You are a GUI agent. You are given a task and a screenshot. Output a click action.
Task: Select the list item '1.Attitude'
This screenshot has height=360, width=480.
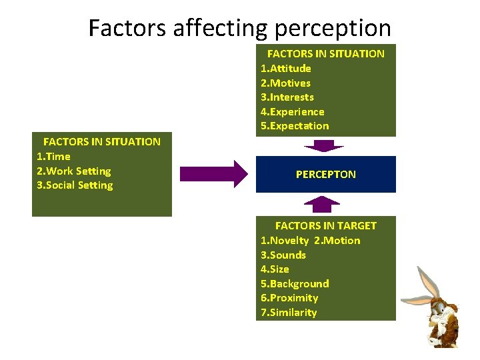coord(285,68)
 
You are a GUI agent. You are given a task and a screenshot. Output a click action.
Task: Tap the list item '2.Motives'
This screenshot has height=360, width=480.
coord(285,83)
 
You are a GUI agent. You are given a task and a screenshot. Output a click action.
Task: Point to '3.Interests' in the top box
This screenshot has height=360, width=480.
coord(287,97)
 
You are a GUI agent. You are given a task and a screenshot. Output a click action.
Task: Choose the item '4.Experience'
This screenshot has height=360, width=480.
coord(292,112)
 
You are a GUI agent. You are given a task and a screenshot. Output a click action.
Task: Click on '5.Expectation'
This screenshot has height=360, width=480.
coord(294,126)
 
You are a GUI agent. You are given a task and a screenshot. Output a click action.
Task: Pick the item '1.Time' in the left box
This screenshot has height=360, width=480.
coord(53,156)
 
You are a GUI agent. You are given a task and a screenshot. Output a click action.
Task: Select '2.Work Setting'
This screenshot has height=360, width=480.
coord(73,171)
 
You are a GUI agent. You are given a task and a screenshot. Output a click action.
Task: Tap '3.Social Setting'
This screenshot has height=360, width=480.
coord(75,185)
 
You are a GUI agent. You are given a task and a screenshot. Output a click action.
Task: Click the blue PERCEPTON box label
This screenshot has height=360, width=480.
coord(326,174)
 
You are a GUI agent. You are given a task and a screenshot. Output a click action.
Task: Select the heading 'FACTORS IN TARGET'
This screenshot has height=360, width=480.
coord(325,226)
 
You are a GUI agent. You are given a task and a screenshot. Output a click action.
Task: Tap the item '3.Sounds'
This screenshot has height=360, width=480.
coord(283,255)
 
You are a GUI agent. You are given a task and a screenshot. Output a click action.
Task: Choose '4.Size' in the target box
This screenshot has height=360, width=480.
coord(275,269)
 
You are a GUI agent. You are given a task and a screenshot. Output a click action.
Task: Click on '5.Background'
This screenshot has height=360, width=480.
coord(294,283)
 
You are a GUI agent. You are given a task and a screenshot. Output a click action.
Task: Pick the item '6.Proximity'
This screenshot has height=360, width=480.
coord(289,298)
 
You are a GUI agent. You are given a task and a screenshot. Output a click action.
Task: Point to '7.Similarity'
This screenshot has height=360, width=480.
coord(288,313)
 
